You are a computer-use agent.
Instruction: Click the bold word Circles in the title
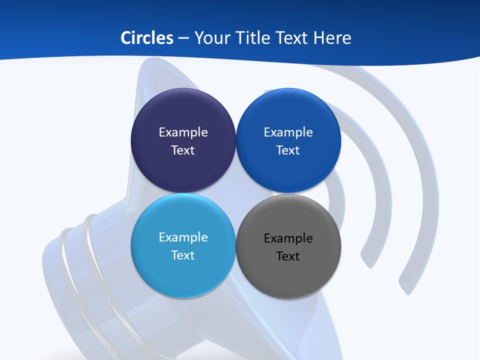[x=146, y=38]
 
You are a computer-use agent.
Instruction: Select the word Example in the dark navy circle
[x=183, y=132]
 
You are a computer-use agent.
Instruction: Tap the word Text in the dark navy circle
[x=183, y=150]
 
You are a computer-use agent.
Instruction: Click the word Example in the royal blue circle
[x=288, y=132]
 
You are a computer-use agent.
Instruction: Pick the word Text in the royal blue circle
[x=288, y=150]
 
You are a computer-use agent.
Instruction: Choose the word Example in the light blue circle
[x=183, y=237]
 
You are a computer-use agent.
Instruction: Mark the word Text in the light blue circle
[x=183, y=255]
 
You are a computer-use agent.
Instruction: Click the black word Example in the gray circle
[x=288, y=238]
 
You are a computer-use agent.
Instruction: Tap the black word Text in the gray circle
[x=288, y=256]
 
